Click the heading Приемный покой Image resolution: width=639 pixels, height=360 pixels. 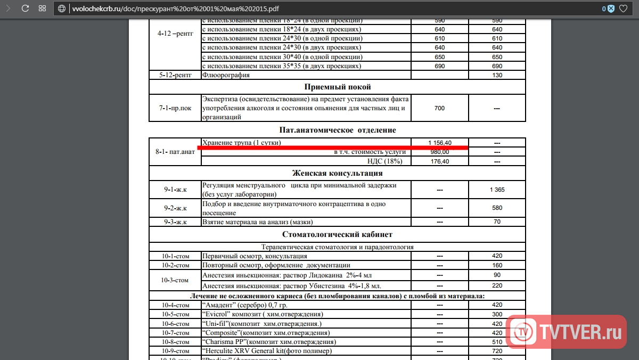[x=337, y=87]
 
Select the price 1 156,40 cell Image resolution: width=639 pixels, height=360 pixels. [x=440, y=143]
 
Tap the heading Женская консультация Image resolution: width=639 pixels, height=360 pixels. [x=337, y=173]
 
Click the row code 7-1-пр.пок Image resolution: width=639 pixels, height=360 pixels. [x=175, y=108]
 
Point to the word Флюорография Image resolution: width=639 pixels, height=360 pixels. [x=226, y=75]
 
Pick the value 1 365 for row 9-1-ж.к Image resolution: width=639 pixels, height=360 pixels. [x=497, y=190]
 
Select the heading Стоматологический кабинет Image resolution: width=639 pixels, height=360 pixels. [x=337, y=234]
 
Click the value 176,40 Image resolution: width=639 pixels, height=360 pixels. [x=439, y=161]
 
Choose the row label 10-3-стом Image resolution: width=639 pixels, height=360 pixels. [x=175, y=280]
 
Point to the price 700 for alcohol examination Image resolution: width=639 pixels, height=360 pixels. [x=439, y=108]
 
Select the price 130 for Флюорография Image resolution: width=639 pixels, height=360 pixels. [x=497, y=75]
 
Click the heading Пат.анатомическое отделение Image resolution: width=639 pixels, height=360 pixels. [x=337, y=130]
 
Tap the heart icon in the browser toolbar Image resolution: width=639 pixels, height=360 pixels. [x=623, y=9]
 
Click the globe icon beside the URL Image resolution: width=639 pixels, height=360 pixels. [x=62, y=9]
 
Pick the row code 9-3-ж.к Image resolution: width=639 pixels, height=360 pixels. [x=175, y=222]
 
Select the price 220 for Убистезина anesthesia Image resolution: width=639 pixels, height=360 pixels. [x=497, y=285]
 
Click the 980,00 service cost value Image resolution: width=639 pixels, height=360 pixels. [x=439, y=152]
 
